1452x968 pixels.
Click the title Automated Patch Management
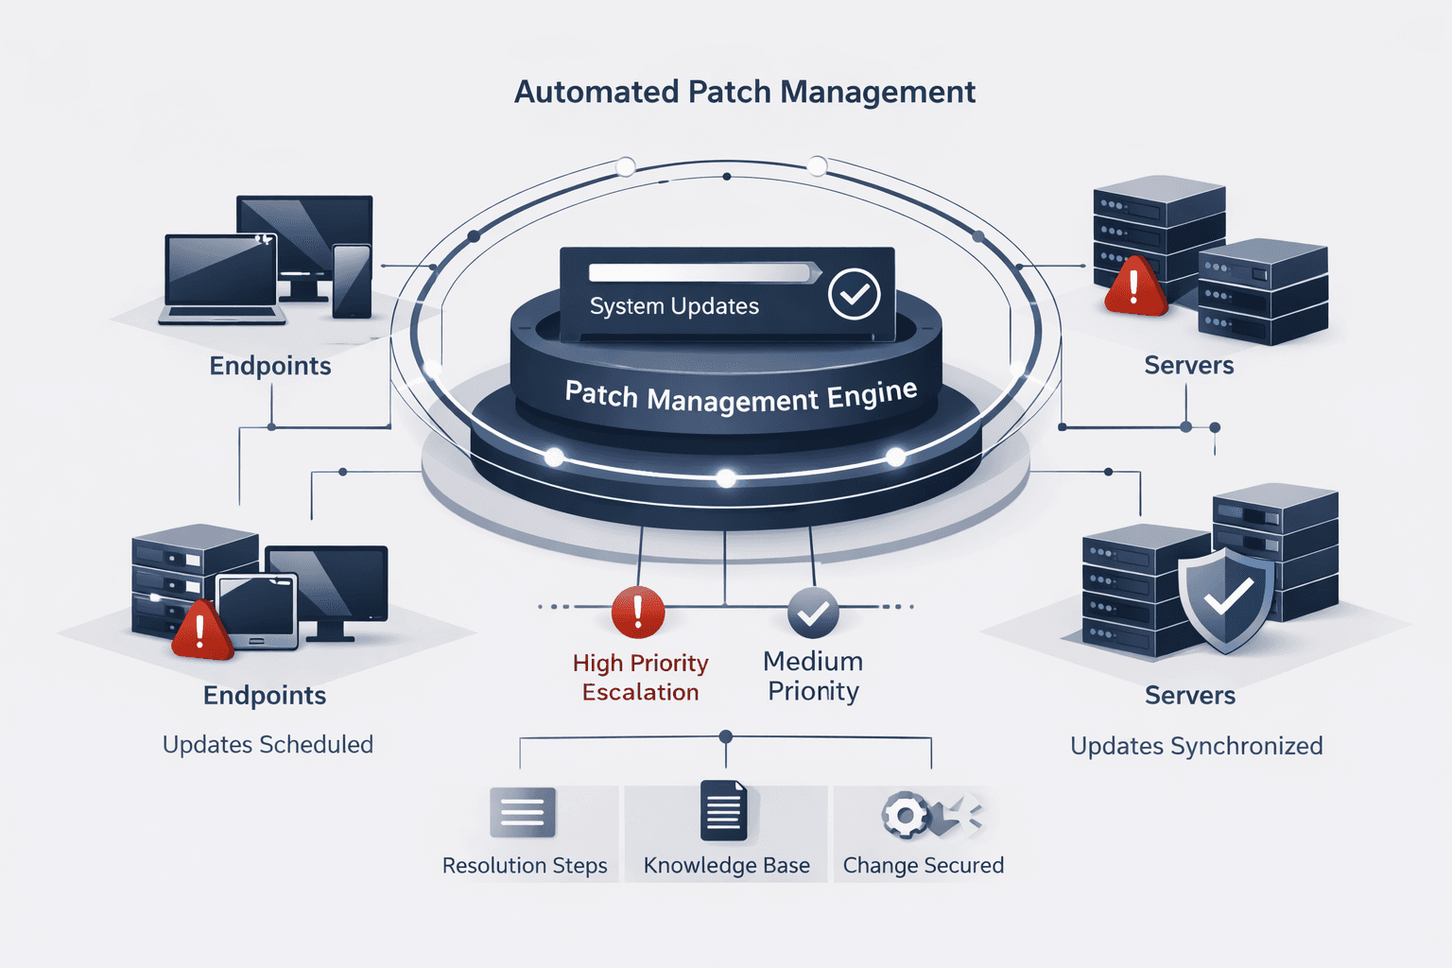(x=744, y=93)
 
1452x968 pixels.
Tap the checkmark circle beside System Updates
(x=854, y=294)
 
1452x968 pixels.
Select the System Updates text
(x=674, y=306)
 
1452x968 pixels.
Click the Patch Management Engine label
(x=740, y=397)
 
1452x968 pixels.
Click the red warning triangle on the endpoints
(x=200, y=631)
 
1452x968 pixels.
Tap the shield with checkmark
(x=1226, y=598)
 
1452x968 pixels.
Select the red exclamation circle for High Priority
(x=638, y=612)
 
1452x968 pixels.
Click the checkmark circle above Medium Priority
(x=813, y=613)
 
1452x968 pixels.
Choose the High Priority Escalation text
(x=640, y=678)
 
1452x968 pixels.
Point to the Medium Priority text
(x=813, y=676)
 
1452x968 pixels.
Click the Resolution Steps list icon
(x=523, y=812)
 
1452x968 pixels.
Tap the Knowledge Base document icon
(x=723, y=811)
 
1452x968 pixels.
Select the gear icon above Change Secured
(x=906, y=815)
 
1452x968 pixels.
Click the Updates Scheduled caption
(x=268, y=745)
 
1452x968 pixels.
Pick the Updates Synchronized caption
(x=1196, y=746)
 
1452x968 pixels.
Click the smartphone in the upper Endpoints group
(x=352, y=281)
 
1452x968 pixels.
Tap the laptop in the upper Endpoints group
(x=221, y=279)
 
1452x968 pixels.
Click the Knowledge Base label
(x=726, y=866)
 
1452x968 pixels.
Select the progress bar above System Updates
(x=700, y=273)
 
